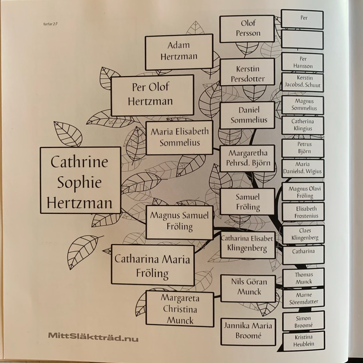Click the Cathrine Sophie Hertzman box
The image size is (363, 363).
(x=80, y=180)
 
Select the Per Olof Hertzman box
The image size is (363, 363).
(x=152, y=95)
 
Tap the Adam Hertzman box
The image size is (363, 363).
(x=179, y=51)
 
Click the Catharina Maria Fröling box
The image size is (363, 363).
(x=153, y=265)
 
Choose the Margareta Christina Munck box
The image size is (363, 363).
(x=180, y=309)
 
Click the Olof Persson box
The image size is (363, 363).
(x=247, y=28)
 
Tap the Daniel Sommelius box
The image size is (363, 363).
(x=247, y=115)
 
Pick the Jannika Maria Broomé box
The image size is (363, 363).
(x=248, y=331)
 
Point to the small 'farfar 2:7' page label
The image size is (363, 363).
(x=50, y=24)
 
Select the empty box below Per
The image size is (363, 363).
(x=302, y=40)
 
